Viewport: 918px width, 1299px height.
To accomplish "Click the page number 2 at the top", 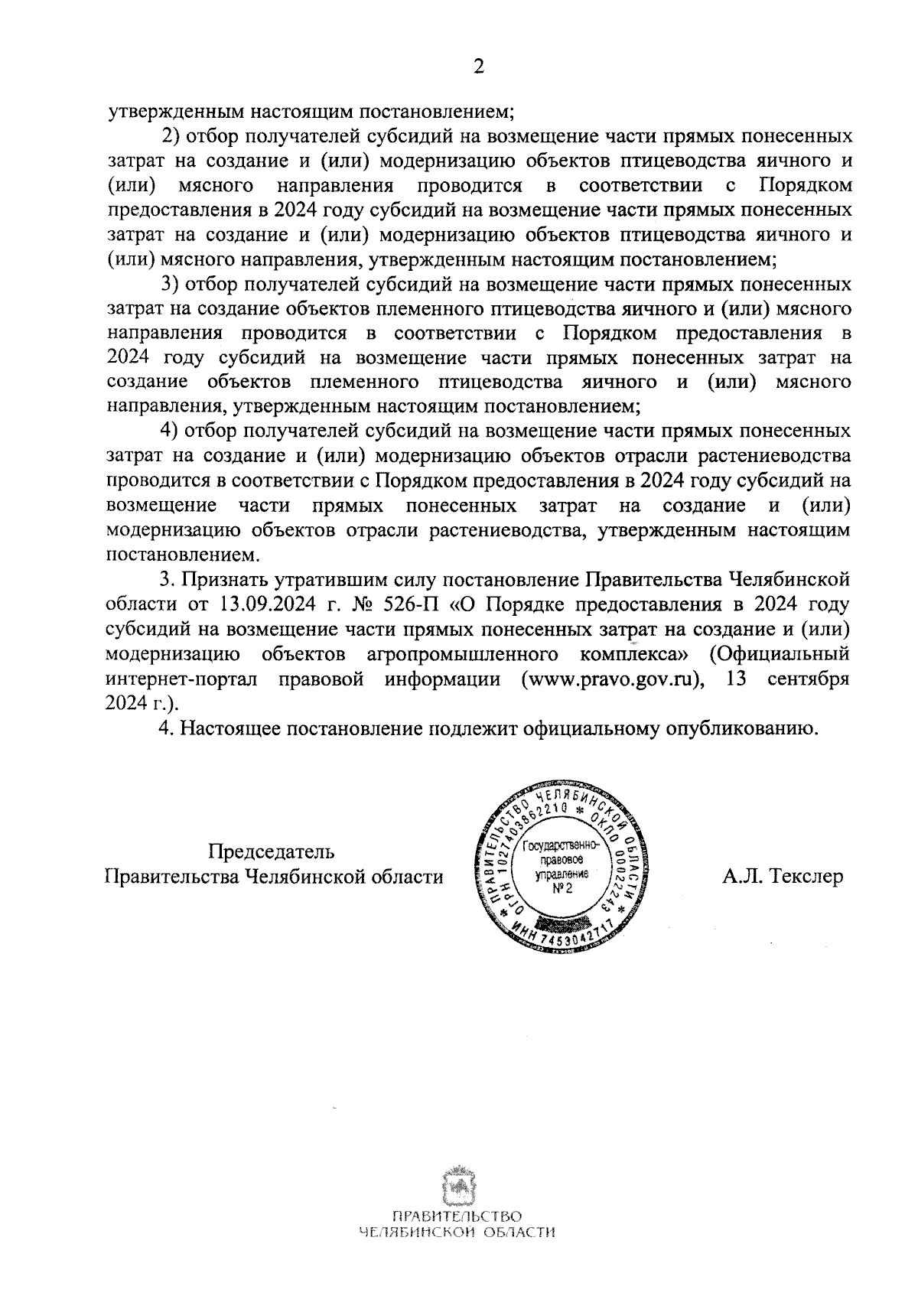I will coord(479,67).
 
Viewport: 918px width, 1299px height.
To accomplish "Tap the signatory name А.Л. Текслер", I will coord(783,876).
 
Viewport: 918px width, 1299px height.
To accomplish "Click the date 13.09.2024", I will coord(262,604).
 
